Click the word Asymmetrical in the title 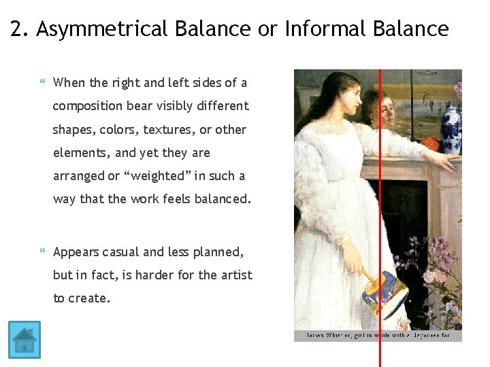click(x=103, y=29)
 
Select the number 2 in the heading click(x=18, y=29)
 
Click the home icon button click(x=24, y=340)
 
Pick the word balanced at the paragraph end click(x=221, y=199)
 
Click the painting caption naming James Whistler click(x=377, y=336)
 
